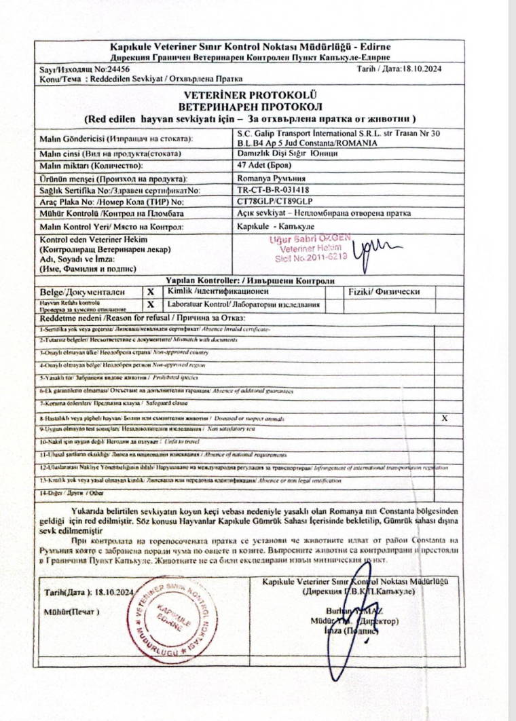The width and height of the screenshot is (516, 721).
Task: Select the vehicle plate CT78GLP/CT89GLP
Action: click(x=274, y=202)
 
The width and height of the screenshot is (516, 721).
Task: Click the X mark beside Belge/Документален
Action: click(x=150, y=292)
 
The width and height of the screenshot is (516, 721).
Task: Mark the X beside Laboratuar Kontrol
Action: click(x=150, y=305)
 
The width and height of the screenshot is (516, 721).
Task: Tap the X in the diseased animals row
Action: click(x=445, y=418)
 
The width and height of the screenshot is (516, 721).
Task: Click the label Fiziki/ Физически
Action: click(x=384, y=292)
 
